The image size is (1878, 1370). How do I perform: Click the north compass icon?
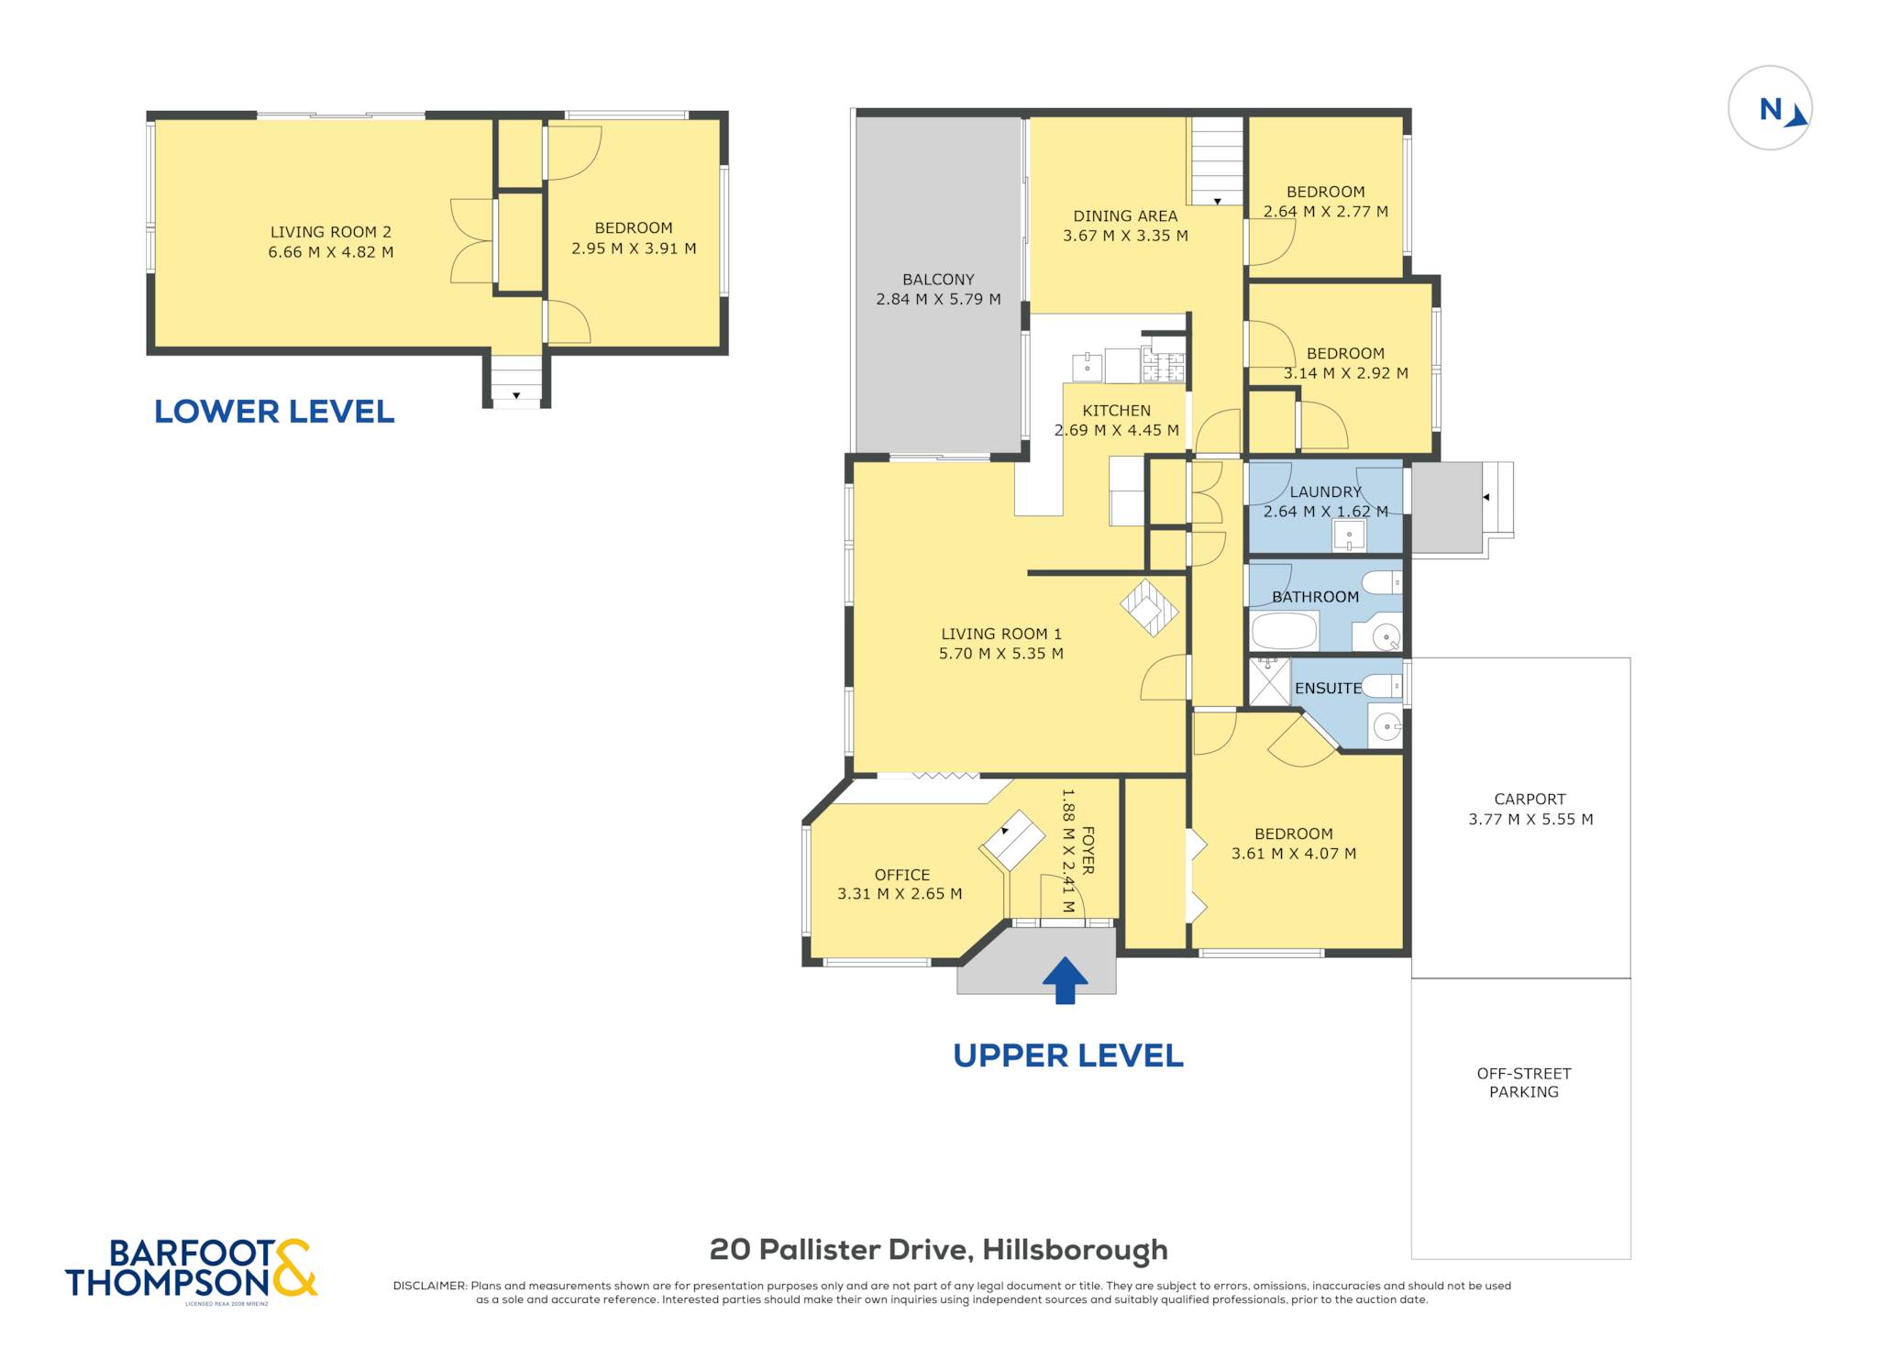point(1770,108)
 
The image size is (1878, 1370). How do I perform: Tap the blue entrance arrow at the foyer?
point(1065,980)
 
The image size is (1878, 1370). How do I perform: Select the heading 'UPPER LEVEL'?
point(1068,1055)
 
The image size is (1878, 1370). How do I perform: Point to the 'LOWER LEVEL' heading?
point(274,412)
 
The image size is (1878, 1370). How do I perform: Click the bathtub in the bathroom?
point(1284,631)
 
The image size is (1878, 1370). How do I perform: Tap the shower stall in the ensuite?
point(1270,681)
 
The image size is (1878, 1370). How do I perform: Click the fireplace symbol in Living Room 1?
point(1149,606)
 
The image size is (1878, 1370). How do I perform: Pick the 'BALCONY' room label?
point(938,280)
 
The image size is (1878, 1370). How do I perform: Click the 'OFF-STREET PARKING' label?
point(1524,1082)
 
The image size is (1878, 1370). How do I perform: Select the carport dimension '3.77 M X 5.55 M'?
point(1530,820)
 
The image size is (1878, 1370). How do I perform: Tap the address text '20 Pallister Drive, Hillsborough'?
point(939,1249)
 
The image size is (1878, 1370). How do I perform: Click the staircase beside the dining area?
point(1217,161)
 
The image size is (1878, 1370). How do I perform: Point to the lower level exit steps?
point(516,378)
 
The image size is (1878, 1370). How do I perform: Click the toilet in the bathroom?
point(1382,582)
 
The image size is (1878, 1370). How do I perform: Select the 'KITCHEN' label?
point(1116,411)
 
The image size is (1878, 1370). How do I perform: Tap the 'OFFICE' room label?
point(901,875)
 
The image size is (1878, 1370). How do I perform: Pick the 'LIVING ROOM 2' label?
point(330,232)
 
